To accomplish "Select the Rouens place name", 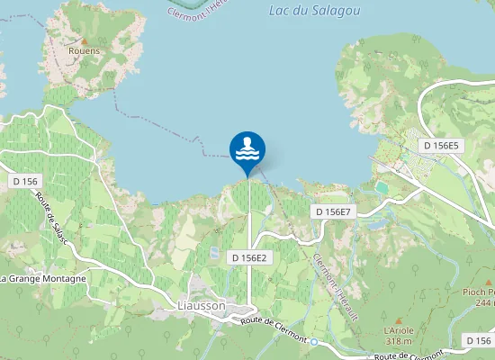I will pos(85,51).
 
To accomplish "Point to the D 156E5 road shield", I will pos(442,146).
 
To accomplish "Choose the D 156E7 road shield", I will pos(335,211).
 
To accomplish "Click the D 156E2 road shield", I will pos(249,257).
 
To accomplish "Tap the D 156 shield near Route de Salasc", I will pos(25,181).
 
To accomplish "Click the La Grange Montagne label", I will pos(43,279).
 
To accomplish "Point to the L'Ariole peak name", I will pos(398,331).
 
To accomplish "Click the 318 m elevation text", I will pos(398,342).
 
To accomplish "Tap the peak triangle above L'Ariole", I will pos(398,319).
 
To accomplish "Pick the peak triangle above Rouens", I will pos(85,40).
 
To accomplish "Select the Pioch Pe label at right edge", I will pos(478,292).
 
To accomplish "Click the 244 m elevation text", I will pos(482,303).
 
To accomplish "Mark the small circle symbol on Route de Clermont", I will pos(313,342).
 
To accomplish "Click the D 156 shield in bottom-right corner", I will pos(479,340).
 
